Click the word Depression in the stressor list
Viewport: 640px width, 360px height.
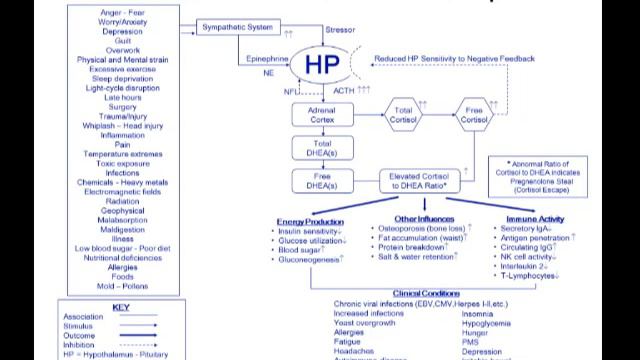(107, 31)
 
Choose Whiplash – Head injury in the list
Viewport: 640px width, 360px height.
(107, 125)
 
